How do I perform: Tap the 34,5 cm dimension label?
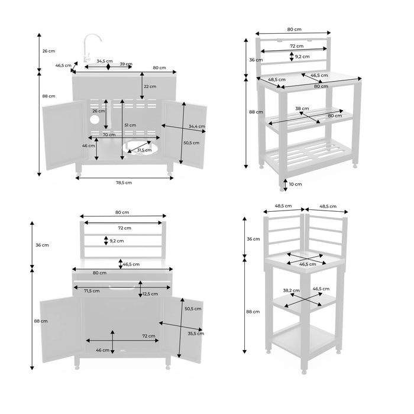pyautogui.click(x=105, y=61)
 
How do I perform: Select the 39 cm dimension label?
pyautogui.click(x=126, y=64)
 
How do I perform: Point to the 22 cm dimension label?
pyautogui.click(x=150, y=86)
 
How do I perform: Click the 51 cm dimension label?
pyautogui.click(x=130, y=125)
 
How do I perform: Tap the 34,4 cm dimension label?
pyautogui.click(x=197, y=126)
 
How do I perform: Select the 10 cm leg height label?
pyautogui.click(x=295, y=184)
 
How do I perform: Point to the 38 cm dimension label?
pyautogui.click(x=302, y=108)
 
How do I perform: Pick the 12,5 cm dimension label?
pyautogui.click(x=150, y=294)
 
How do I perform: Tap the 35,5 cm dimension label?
pyautogui.click(x=194, y=334)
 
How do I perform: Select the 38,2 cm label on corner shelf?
pyautogui.click(x=291, y=290)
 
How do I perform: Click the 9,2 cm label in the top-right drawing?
pyautogui.click(x=302, y=56)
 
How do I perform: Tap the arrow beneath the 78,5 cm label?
pyautogui.click(x=124, y=176)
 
